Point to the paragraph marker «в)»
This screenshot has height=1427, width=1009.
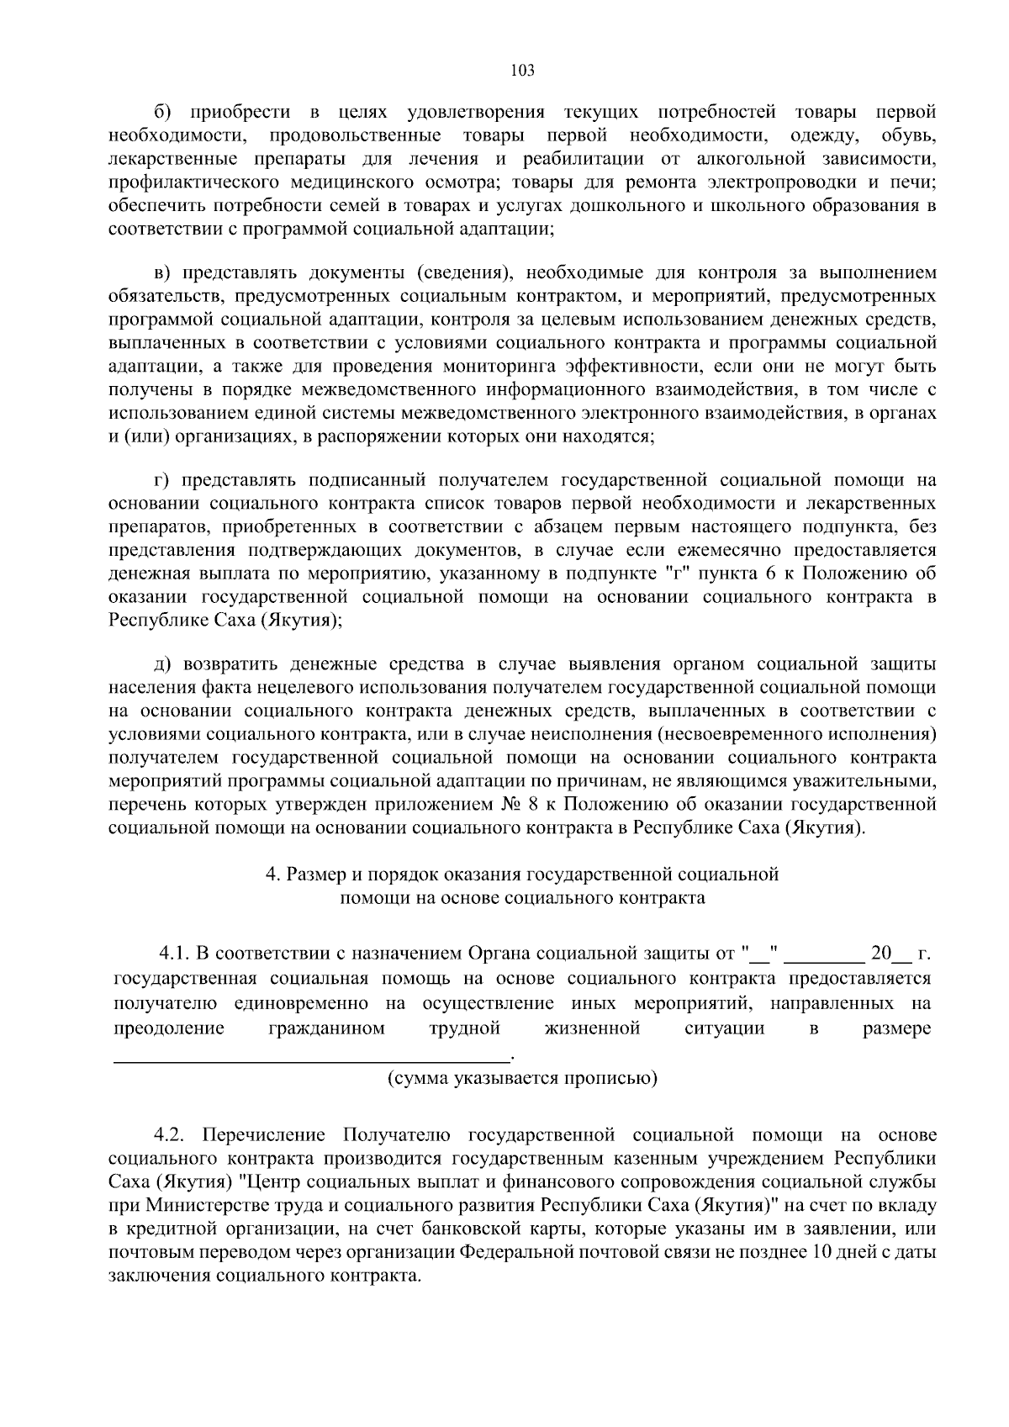[163, 272]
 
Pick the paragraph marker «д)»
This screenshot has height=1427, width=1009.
[163, 664]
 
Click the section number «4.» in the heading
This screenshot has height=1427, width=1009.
[273, 875]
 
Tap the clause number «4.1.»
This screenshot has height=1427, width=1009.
[175, 955]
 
